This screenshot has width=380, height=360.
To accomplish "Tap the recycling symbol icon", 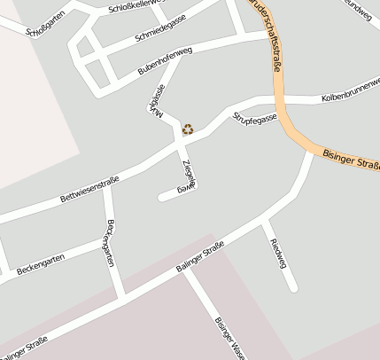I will pyautogui.click(x=188, y=129).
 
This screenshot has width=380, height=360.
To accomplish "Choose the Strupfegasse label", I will pyautogui.click(x=255, y=116).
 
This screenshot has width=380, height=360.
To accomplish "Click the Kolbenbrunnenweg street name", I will pyautogui.click(x=349, y=91).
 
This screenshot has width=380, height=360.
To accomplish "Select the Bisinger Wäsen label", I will pyautogui.click(x=229, y=337).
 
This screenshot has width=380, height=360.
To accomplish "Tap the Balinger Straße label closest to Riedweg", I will pyautogui.click(x=199, y=260).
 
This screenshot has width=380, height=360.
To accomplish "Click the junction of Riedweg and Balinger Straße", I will pyautogui.click(x=264, y=219).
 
